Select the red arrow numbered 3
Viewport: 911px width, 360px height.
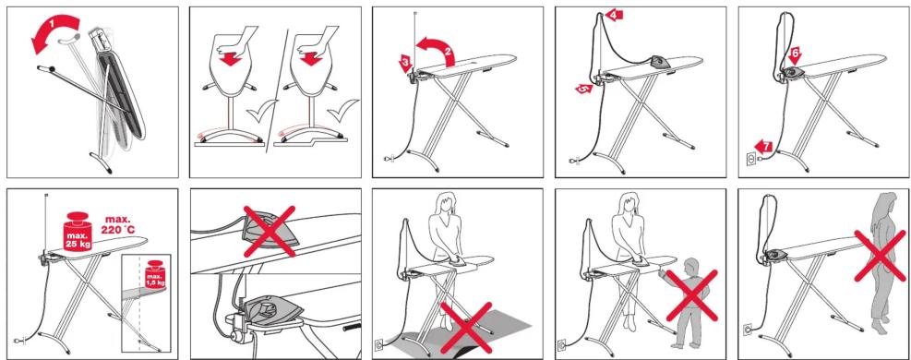point(405,62)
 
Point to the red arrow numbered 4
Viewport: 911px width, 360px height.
point(614,15)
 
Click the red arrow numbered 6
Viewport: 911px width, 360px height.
point(794,55)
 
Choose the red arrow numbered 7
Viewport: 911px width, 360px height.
point(763,147)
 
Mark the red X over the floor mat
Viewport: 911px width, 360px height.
point(466,328)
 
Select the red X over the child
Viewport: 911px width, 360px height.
point(691,295)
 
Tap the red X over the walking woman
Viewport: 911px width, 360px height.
point(880,256)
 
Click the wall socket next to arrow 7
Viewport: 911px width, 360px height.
point(750,159)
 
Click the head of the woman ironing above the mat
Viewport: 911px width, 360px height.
point(446,203)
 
